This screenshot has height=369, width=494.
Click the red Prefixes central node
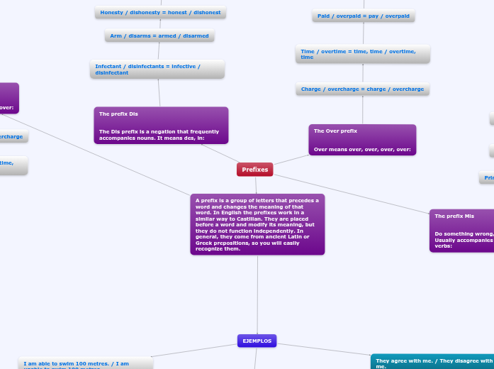(x=254, y=170)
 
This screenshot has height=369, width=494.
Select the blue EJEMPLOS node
(x=257, y=341)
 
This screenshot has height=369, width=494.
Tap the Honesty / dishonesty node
(x=160, y=13)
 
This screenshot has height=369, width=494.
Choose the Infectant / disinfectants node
(x=157, y=69)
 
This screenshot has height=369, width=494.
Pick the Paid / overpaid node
(x=363, y=16)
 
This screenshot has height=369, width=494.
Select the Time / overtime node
(x=363, y=54)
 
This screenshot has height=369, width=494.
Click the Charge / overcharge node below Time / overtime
(x=362, y=89)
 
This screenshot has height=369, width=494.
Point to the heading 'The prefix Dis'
(x=119, y=114)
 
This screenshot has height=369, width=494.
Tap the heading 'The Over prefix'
(x=335, y=131)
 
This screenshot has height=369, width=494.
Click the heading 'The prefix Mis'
(x=454, y=216)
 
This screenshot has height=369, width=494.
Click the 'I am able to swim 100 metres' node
(x=86, y=363)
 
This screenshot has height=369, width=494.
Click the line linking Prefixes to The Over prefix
(x=291, y=160)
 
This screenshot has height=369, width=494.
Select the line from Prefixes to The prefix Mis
(x=351, y=192)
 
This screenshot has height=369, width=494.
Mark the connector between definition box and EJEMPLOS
(x=257, y=294)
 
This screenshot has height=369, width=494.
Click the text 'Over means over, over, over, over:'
(x=362, y=149)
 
